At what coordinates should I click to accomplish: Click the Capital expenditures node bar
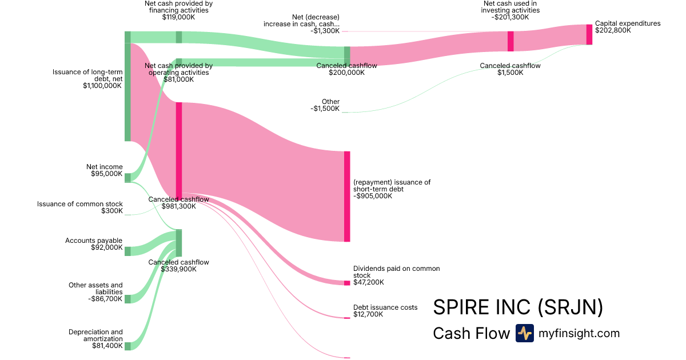(589, 34)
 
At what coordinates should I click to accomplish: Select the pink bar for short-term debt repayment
(347, 197)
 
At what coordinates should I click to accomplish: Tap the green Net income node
(127, 178)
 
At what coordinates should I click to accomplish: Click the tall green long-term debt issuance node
(127, 86)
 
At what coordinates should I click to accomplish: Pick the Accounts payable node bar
(127, 251)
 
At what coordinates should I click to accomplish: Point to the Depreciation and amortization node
(127, 346)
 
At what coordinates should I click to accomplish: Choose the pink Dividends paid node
(347, 283)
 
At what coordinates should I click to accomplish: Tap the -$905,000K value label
(373, 196)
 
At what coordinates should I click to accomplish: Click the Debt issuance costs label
(385, 307)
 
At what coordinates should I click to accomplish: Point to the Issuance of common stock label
(80, 204)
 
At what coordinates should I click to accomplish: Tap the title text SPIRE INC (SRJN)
(518, 307)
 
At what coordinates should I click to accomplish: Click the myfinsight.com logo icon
(524, 333)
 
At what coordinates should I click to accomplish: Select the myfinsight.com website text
(579, 333)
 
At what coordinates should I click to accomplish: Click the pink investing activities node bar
(510, 41)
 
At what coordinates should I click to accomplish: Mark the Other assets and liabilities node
(127, 299)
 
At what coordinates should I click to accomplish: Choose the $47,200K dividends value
(369, 282)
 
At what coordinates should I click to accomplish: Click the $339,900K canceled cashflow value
(178, 269)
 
